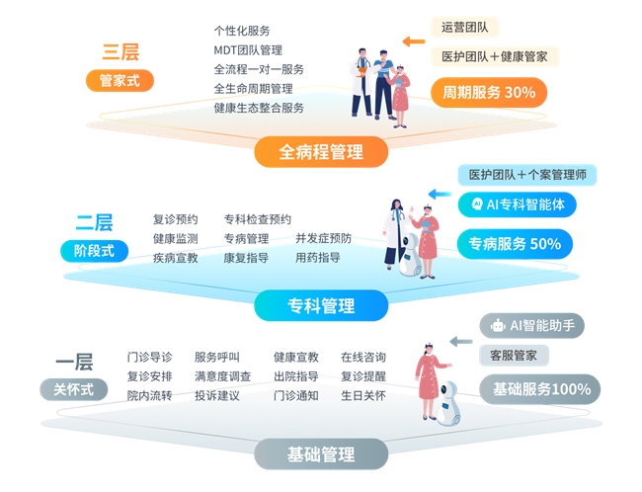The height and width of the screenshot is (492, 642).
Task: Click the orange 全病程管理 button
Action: click(x=320, y=152)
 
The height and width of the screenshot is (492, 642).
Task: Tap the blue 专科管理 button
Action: click(x=320, y=305)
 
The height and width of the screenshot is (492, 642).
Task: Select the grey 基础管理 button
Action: click(x=320, y=454)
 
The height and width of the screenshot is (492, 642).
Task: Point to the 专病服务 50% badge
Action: click(x=515, y=243)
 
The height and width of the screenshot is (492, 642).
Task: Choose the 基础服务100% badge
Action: click(x=540, y=388)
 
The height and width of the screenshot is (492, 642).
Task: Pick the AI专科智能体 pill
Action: click(x=518, y=205)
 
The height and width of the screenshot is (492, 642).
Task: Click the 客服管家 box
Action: click(x=514, y=355)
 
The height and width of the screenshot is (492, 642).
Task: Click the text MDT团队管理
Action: click(x=248, y=50)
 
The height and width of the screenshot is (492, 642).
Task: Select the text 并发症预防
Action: click(x=323, y=238)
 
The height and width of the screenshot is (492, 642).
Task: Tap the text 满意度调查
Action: click(x=222, y=376)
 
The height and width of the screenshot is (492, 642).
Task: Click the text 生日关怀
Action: click(x=363, y=395)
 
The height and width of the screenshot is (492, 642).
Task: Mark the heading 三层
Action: click(x=120, y=51)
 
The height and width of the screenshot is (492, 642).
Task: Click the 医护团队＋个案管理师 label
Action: click(x=526, y=175)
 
